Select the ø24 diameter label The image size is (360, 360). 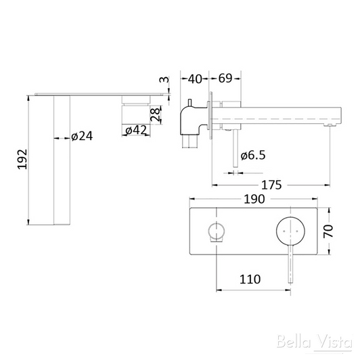coord(81,137)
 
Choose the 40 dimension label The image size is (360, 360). coord(195,78)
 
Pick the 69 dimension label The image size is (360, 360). coord(225,78)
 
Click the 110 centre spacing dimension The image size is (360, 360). coord(252,277)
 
